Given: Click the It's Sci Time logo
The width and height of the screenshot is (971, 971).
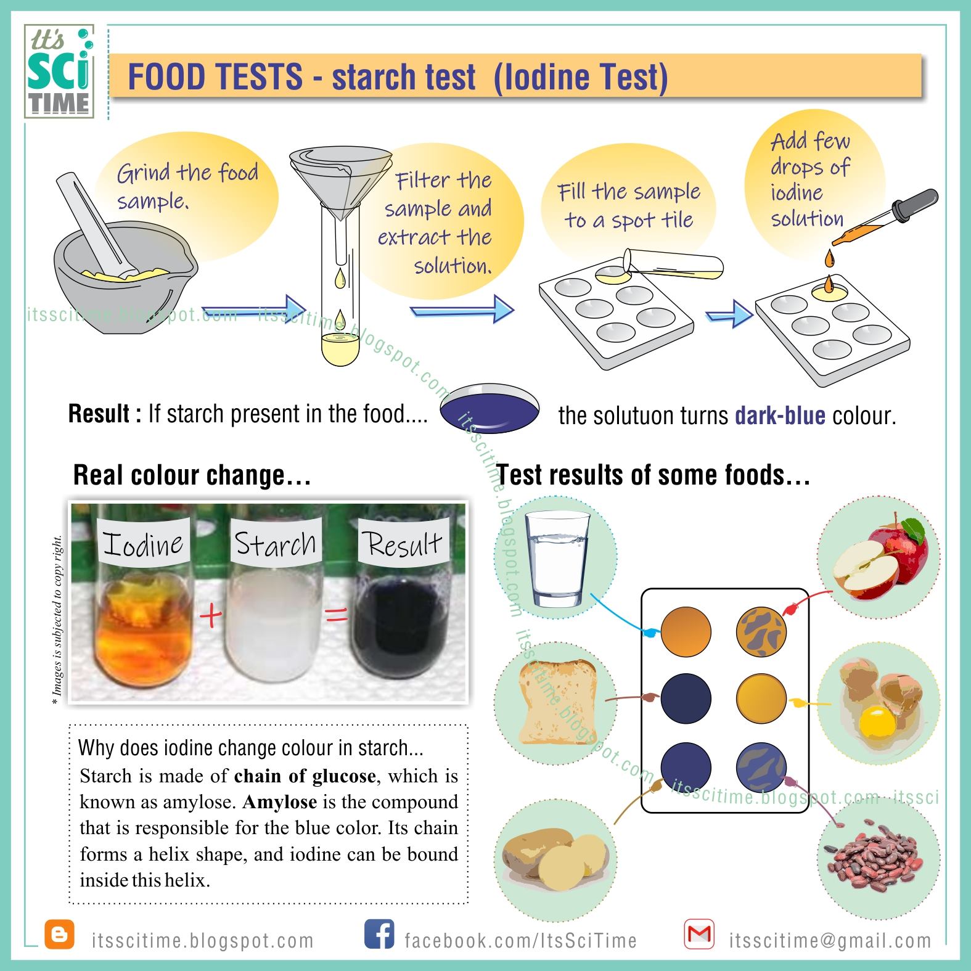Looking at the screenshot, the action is point(59,71).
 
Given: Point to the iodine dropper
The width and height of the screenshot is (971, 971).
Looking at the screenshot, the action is point(885,216).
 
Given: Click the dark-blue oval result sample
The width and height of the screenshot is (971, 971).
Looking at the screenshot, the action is point(490,409).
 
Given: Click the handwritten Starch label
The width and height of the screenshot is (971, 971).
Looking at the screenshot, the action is point(276,544).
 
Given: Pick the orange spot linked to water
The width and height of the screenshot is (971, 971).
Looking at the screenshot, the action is point(686,633).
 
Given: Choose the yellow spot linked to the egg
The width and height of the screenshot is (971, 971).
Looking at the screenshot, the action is point(762,700).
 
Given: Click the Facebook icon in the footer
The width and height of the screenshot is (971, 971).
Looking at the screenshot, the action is point(379,934).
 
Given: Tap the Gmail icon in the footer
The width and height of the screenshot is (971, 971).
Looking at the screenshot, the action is point(699,934).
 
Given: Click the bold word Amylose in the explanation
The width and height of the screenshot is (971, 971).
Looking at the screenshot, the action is point(280,802).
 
